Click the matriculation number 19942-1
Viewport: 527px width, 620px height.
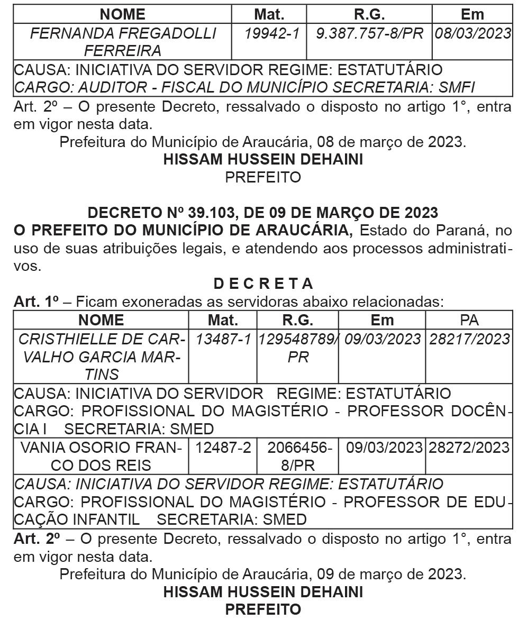click(271, 34)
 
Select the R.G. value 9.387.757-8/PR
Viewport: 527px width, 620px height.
click(369, 34)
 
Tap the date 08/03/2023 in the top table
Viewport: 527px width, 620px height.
click(473, 34)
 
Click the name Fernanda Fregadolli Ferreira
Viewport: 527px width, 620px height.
click(123, 42)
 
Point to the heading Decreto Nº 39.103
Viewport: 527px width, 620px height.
click(263, 213)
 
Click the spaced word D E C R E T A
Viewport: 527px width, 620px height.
click(263, 284)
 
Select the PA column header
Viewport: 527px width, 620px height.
click(469, 320)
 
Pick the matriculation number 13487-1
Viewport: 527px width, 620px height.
click(223, 339)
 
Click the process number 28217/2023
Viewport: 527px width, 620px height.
click(469, 339)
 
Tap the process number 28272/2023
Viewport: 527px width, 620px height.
click(469, 448)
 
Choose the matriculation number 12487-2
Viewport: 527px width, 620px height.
click(223, 448)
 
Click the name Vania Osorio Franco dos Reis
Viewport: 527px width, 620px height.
click(101, 457)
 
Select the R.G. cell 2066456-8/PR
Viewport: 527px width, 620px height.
click(298, 457)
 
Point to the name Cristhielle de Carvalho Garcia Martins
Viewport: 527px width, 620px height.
click(101, 357)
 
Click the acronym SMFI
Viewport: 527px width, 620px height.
click(452, 87)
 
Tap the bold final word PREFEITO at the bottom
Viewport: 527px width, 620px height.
click(263, 609)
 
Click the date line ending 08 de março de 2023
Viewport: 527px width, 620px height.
click(263, 142)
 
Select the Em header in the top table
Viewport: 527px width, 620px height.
click(473, 14)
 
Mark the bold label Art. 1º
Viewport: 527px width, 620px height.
click(36, 302)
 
